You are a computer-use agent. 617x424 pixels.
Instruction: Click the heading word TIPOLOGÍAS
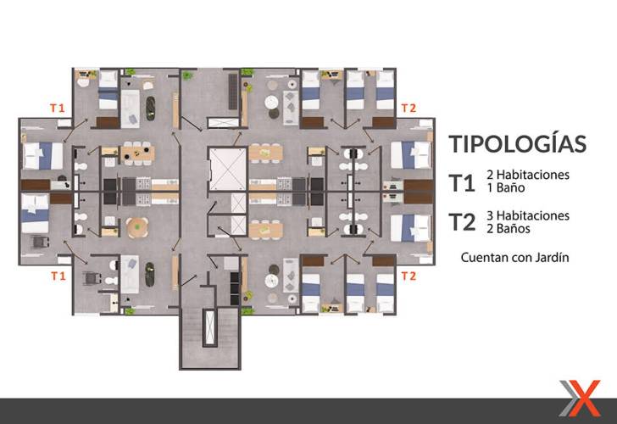point(518,143)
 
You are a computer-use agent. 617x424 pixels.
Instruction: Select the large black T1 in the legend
point(462,183)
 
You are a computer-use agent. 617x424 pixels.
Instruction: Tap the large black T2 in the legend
point(463,222)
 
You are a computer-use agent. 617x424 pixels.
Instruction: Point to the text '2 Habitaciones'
point(528,175)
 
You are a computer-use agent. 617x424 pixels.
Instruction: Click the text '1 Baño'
point(506,187)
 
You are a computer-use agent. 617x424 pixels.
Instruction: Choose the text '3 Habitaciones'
point(528,215)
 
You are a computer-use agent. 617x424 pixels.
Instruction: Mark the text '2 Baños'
point(509,229)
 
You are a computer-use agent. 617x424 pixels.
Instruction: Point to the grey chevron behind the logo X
point(569,398)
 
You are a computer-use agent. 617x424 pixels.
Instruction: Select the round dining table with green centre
point(137,227)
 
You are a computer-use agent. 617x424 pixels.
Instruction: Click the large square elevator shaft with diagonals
point(227,169)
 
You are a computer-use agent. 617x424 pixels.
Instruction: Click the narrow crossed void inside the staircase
point(209,327)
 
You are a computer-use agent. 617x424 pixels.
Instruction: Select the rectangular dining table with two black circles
point(137,153)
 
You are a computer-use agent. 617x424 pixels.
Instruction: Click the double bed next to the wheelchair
point(35,214)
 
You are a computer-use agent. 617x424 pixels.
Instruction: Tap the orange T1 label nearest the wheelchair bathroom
point(58,276)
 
